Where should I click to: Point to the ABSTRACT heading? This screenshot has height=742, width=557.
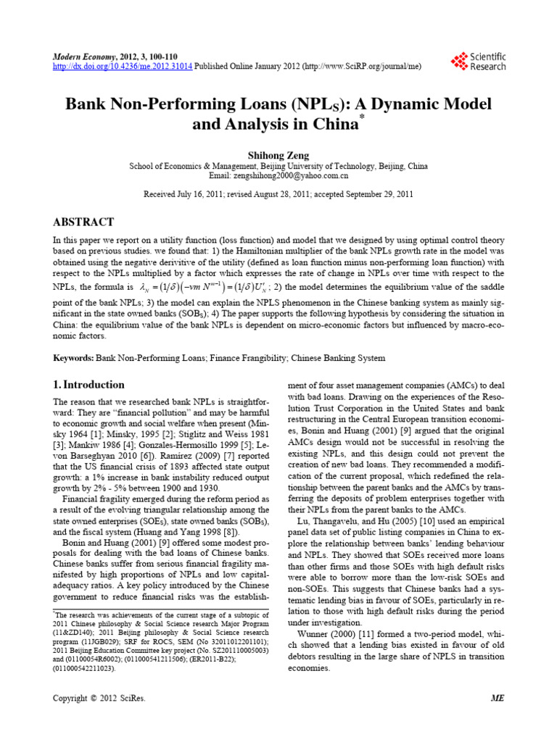tap(84, 220)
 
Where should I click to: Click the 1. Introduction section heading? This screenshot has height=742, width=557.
tap(89, 385)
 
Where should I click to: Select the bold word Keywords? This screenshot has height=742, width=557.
tap(73, 358)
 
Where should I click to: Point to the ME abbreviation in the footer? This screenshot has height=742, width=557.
tap(497, 697)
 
